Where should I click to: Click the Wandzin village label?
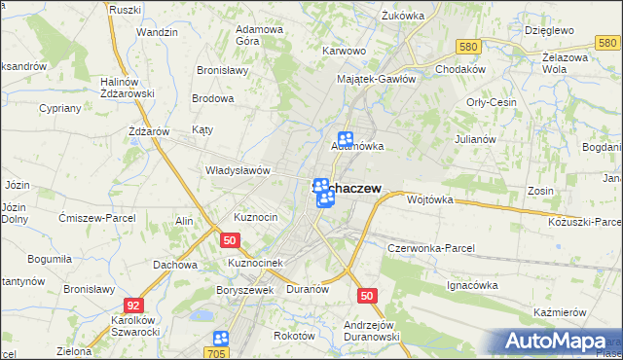click(x=157, y=32)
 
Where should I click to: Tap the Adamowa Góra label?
click(x=259, y=36)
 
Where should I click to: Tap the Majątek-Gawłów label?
click(x=376, y=79)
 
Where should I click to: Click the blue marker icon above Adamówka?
click(x=345, y=140)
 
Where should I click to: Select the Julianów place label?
click(x=476, y=139)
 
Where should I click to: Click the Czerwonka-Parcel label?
click(x=430, y=248)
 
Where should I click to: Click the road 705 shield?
click(x=218, y=353)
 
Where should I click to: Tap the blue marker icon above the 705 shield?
click(x=220, y=338)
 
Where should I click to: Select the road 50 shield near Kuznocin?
click(x=230, y=239)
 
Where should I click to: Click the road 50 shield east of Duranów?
click(x=367, y=296)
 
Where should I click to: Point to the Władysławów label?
click(x=237, y=169)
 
